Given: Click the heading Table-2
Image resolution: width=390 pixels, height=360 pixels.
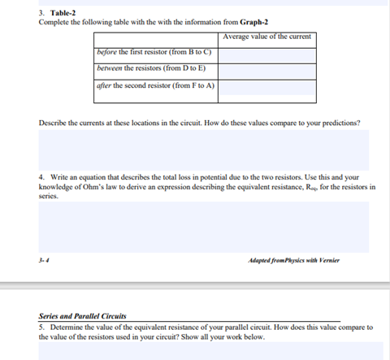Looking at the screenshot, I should click(62, 13).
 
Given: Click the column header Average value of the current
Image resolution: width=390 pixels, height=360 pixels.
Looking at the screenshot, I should click(267, 37).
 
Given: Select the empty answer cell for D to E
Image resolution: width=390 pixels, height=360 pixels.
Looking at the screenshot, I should click(267, 72).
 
